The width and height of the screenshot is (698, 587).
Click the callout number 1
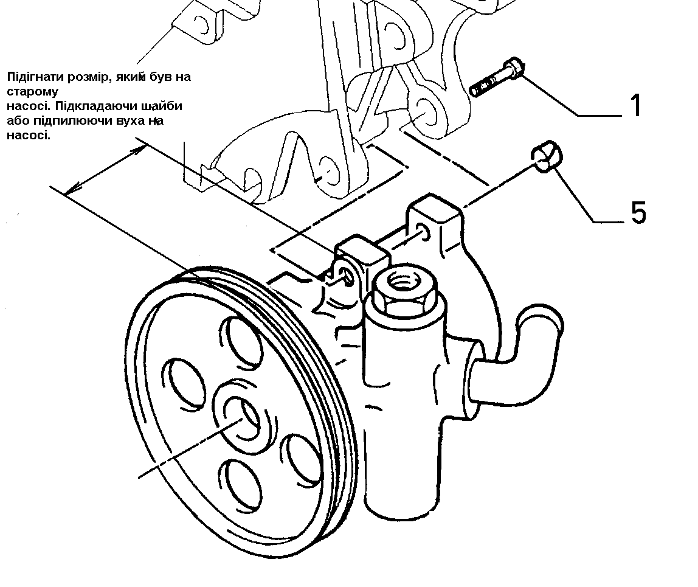pyautogui.click(x=635, y=105)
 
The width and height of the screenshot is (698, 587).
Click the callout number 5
pyautogui.click(x=638, y=213)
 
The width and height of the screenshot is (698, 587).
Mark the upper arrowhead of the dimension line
pyautogui.click(x=142, y=148)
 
